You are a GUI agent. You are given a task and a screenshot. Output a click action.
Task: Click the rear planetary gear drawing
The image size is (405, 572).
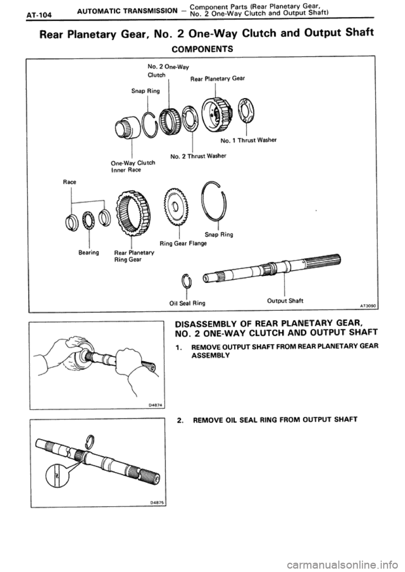click(x=214, y=111)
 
